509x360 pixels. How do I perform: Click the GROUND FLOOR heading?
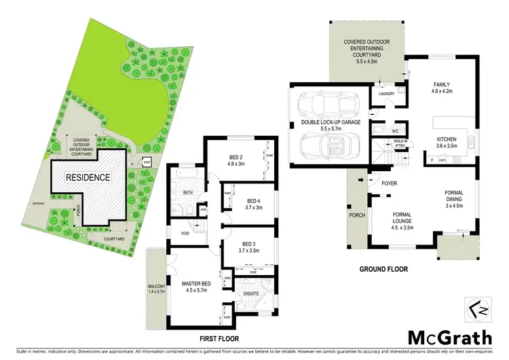pos(383,269)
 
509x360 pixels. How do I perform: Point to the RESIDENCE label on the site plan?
pos(88,177)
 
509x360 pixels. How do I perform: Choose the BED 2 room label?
pos(237,159)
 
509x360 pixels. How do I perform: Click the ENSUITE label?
pos(252,293)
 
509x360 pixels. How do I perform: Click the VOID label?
pos(185,233)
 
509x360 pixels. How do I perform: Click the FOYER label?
pos(390,184)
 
